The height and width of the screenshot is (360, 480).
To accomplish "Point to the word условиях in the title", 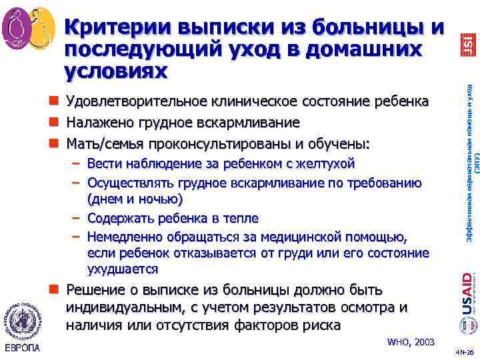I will [x=116, y=69].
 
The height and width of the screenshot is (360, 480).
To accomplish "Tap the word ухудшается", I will [x=122, y=269].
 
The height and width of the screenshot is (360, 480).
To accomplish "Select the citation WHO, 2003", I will [x=411, y=342].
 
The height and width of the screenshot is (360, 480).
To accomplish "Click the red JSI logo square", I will [x=467, y=44].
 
